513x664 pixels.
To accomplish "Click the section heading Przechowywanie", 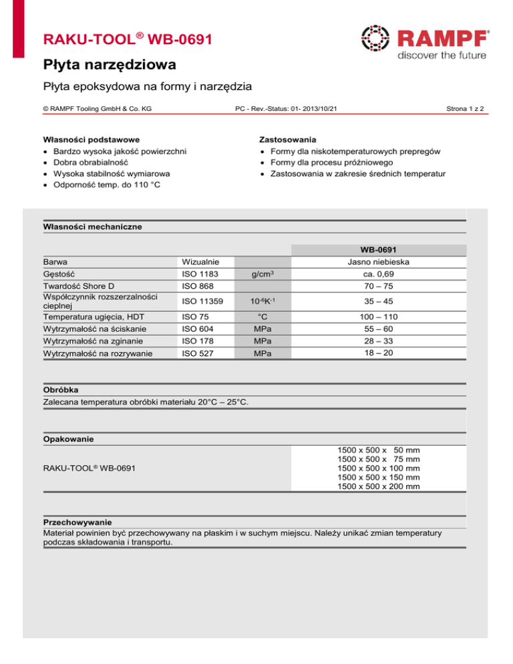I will (x=77, y=521).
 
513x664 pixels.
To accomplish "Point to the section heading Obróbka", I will (x=62, y=389).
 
